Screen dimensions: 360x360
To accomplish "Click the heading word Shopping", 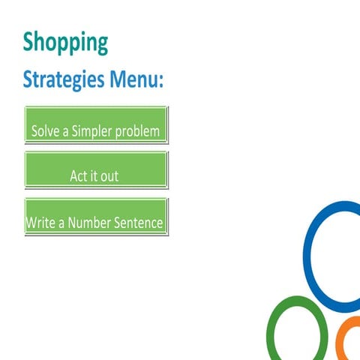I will point(65,42).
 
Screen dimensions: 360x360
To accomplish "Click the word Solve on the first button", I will point(44,131).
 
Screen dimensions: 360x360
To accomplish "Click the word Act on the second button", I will point(79,177).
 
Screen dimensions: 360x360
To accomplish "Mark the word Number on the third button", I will point(88,223).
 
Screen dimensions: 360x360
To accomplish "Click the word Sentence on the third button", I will point(137,223).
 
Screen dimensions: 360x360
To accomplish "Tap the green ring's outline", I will point(271,330).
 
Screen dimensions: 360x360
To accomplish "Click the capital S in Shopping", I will point(29,42).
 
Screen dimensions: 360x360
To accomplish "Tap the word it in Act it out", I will point(94,177).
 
